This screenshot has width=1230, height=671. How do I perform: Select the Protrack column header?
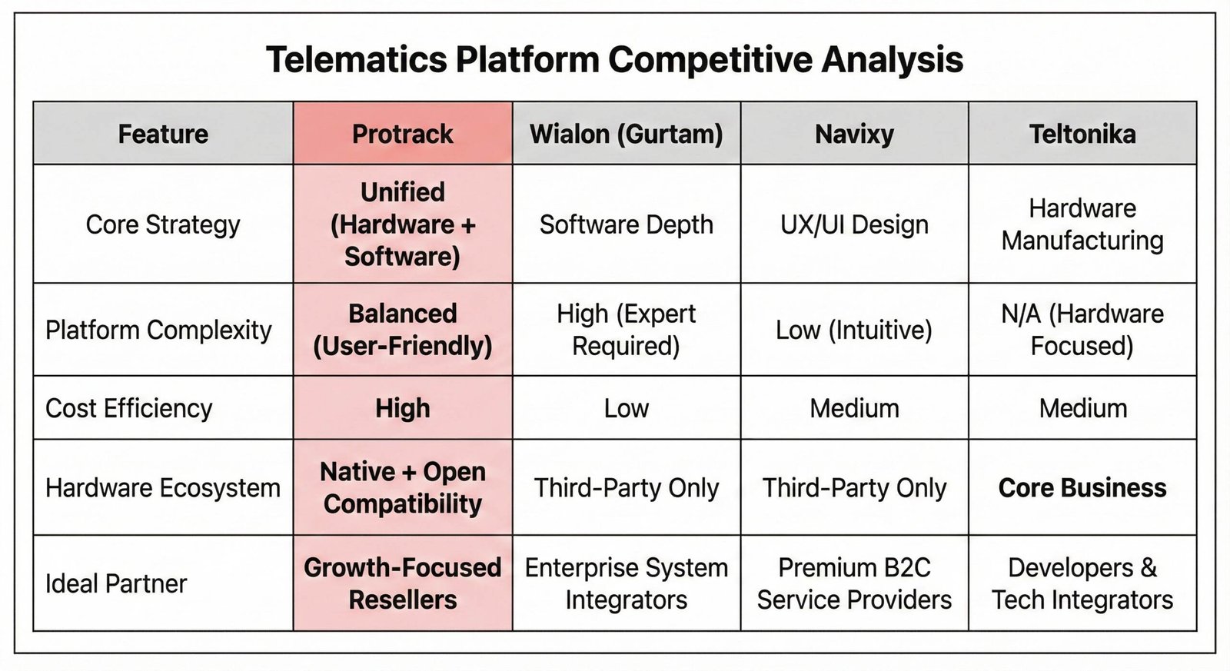click(403, 134)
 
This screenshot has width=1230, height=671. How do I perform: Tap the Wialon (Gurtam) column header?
click(626, 135)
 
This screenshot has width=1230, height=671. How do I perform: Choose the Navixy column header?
click(854, 135)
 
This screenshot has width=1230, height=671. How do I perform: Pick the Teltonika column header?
click(1082, 134)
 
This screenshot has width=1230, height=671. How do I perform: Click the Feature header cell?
click(163, 134)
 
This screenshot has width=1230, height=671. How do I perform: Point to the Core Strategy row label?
click(163, 224)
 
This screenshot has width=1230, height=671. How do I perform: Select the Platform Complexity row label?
click(158, 330)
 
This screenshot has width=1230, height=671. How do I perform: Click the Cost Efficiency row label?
click(128, 408)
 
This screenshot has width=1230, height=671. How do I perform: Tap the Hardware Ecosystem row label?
click(162, 487)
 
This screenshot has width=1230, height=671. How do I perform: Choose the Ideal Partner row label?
click(116, 583)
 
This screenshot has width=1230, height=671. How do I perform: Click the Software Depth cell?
click(626, 224)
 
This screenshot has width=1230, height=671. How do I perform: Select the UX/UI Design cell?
click(854, 224)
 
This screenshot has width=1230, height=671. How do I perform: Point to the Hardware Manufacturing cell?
click(1082, 224)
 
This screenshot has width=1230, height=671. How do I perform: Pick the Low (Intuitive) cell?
click(854, 330)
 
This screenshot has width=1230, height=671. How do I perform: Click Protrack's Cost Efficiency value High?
click(403, 408)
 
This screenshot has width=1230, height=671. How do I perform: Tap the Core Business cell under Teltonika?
click(1082, 487)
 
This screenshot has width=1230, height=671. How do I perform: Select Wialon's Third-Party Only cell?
click(626, 487)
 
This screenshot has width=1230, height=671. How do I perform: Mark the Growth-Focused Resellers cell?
click(403, 583)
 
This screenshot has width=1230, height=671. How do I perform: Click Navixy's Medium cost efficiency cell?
click(854, 409)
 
